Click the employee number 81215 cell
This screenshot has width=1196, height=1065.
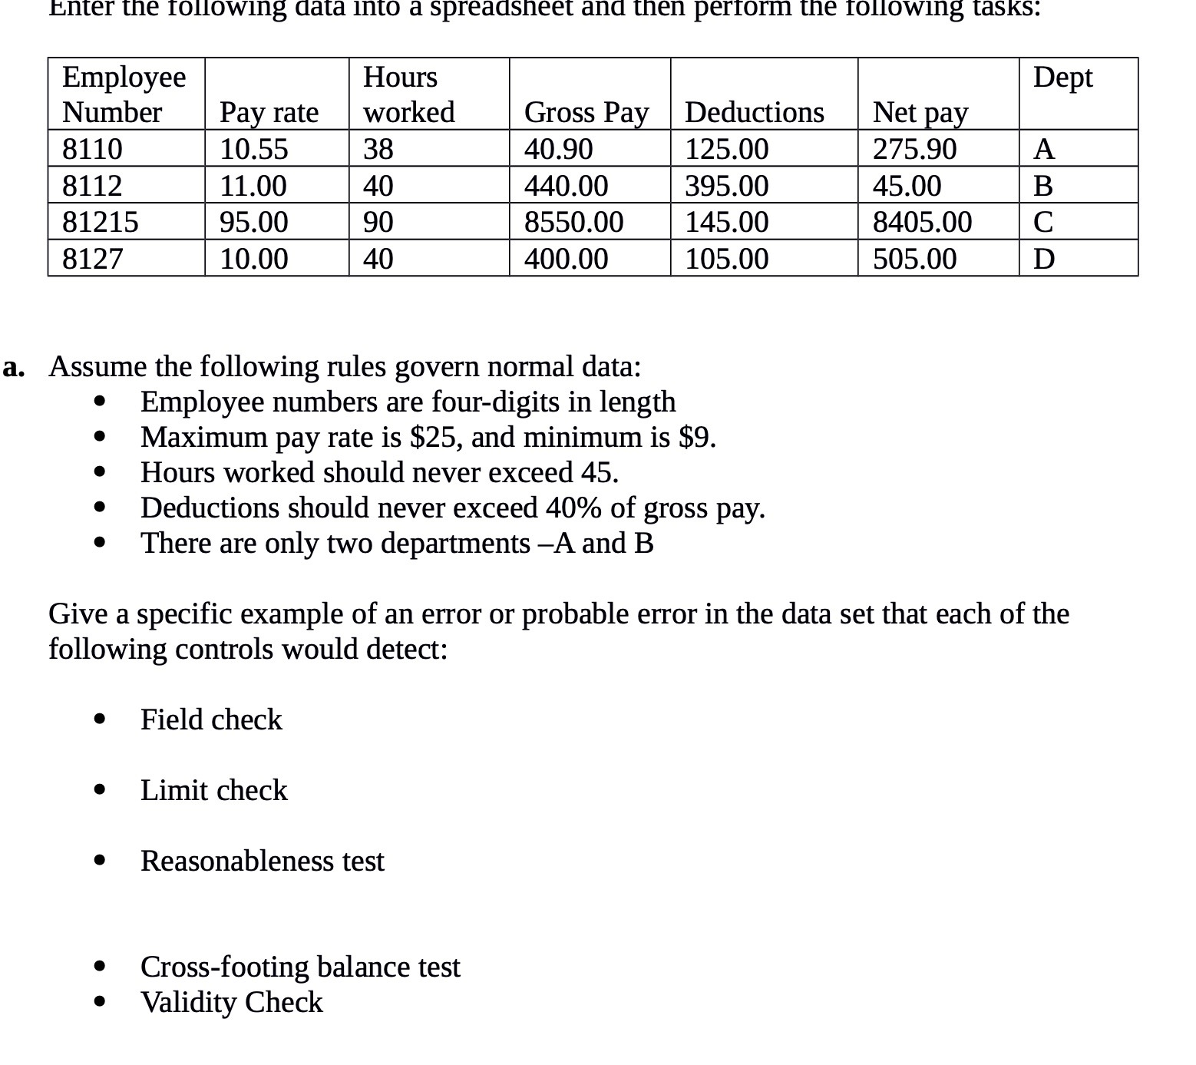coord(101,222)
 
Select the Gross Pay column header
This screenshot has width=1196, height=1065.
coord(586,112)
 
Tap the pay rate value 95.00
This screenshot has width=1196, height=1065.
coord(254,222)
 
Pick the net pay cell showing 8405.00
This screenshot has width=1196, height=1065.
coord(922,222)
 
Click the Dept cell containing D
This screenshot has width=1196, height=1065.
coord(1043,259)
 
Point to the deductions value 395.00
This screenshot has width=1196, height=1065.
coord(726,186)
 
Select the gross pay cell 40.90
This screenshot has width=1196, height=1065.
coord(558,148)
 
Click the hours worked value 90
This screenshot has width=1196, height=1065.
coord(378,222)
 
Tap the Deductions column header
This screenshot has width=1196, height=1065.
coord(754,112)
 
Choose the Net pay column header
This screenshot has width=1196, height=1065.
coord(920,112)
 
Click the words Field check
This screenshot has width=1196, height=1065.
coord(211,719)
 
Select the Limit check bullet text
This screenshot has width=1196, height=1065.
coord(213,790)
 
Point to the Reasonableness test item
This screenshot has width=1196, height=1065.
coord(262,861)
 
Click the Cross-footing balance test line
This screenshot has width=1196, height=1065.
coord(300,967)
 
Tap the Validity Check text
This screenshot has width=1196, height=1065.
coord(231,1002)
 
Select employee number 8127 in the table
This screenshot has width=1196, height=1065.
coord(92,259)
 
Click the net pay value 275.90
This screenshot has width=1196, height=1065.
coord(914,148)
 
